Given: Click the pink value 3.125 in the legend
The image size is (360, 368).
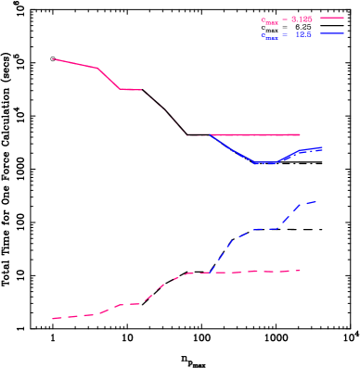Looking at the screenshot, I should point(301,19).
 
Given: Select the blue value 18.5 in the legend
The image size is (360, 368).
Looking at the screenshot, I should point(302,34).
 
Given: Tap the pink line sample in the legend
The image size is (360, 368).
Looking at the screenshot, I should point(332,18).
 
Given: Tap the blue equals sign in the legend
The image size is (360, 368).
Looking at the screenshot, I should point(285,34).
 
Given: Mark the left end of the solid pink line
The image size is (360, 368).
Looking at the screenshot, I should point(53,58).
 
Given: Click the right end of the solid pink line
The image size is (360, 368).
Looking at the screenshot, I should point(299,134).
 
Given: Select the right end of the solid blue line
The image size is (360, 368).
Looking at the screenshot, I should point(321,147).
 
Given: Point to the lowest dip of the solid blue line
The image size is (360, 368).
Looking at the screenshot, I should point(267,163).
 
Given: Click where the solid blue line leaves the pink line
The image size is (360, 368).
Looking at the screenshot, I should point(211,135).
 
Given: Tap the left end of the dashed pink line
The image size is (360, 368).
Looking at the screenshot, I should point(53,319).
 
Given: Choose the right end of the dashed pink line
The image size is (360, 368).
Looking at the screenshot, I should point(299,271).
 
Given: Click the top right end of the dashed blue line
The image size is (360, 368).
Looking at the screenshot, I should point(315,201).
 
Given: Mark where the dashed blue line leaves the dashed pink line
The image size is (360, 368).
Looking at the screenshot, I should point(211,272).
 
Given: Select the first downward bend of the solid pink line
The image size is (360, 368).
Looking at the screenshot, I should point(97,68).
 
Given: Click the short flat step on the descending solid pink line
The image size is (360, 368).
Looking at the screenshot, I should point(131,89).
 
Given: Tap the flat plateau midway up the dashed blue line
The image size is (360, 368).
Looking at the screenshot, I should point(264,228).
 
